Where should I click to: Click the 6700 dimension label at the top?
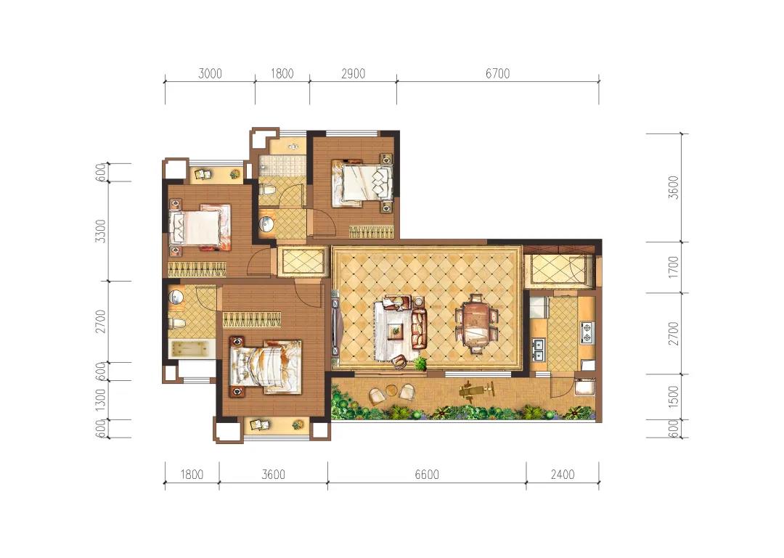click(x=497, y=73)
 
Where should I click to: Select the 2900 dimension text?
click(x=353, y=73)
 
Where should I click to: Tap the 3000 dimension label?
click(x=210, y=73)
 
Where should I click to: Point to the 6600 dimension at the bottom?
click(x=427, y=474)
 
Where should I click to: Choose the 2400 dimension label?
click(x=563, y=474)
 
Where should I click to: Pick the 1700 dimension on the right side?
click(x=674, y=267)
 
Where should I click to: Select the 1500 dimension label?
click(x=674, y=398)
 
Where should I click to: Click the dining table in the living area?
click(x=476, y=324)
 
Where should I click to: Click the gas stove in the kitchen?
click(x=587, y=332)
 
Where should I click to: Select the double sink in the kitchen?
click(x=537, y=350)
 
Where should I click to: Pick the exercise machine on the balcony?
click(x=476, y=390)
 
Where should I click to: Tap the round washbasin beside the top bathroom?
click(x=266, y=224)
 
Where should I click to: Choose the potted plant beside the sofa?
click(x=420, y=364)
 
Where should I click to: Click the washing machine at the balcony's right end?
click(x=585, y=387)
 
